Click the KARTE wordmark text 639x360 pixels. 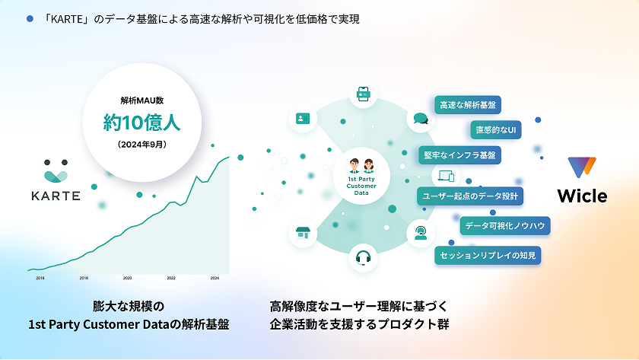[56, 196]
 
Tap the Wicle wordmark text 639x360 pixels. [582, 196]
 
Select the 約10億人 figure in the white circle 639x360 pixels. [141, 122]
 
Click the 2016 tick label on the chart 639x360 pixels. [40, 279]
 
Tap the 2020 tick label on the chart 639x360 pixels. [127, 279]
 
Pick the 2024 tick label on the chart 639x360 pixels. [215, 279]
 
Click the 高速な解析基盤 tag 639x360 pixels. [467, 105]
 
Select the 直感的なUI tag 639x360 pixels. [495, 129]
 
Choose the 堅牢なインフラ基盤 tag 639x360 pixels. [460, 155]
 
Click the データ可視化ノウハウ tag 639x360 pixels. [504, 225]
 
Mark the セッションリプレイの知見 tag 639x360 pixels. [488, 255]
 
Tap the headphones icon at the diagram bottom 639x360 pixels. [363, 257]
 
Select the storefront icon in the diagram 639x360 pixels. [304, 233]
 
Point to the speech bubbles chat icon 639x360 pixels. [421, 118]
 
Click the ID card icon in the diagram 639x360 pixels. [303, 118]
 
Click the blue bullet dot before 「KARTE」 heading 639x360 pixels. [30, 18]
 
